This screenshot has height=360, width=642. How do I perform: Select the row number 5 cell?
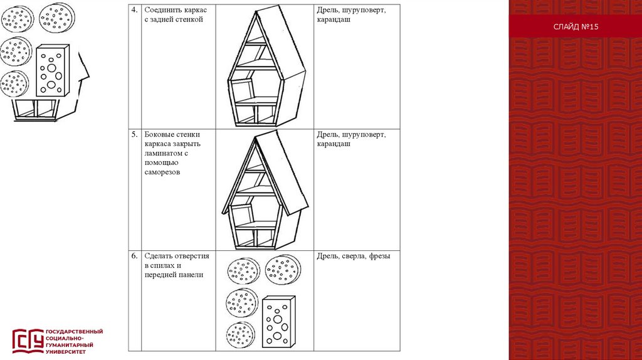tap(134, 134)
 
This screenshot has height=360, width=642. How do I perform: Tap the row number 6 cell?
tap(134, 256)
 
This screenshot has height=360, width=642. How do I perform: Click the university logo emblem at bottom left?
tap(28, 341)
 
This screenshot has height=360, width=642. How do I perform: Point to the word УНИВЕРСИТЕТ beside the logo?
tap(65, 351)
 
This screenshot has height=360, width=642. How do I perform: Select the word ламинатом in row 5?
tap(162, 153)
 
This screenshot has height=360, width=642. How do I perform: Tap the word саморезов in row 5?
tap(162, 172)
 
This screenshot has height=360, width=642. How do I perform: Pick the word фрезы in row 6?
tap(380, 256)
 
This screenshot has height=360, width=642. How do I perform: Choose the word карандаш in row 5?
tap(334, 144)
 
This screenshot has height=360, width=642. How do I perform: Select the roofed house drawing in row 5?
tap(265, 191)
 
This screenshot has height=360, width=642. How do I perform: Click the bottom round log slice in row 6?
tap(241, 335)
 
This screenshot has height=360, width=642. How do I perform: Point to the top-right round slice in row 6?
tap(283, 270)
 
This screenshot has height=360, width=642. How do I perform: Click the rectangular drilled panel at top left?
tap(51, 70)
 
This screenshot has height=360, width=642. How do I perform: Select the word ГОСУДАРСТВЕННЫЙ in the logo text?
tap(74, 331)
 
